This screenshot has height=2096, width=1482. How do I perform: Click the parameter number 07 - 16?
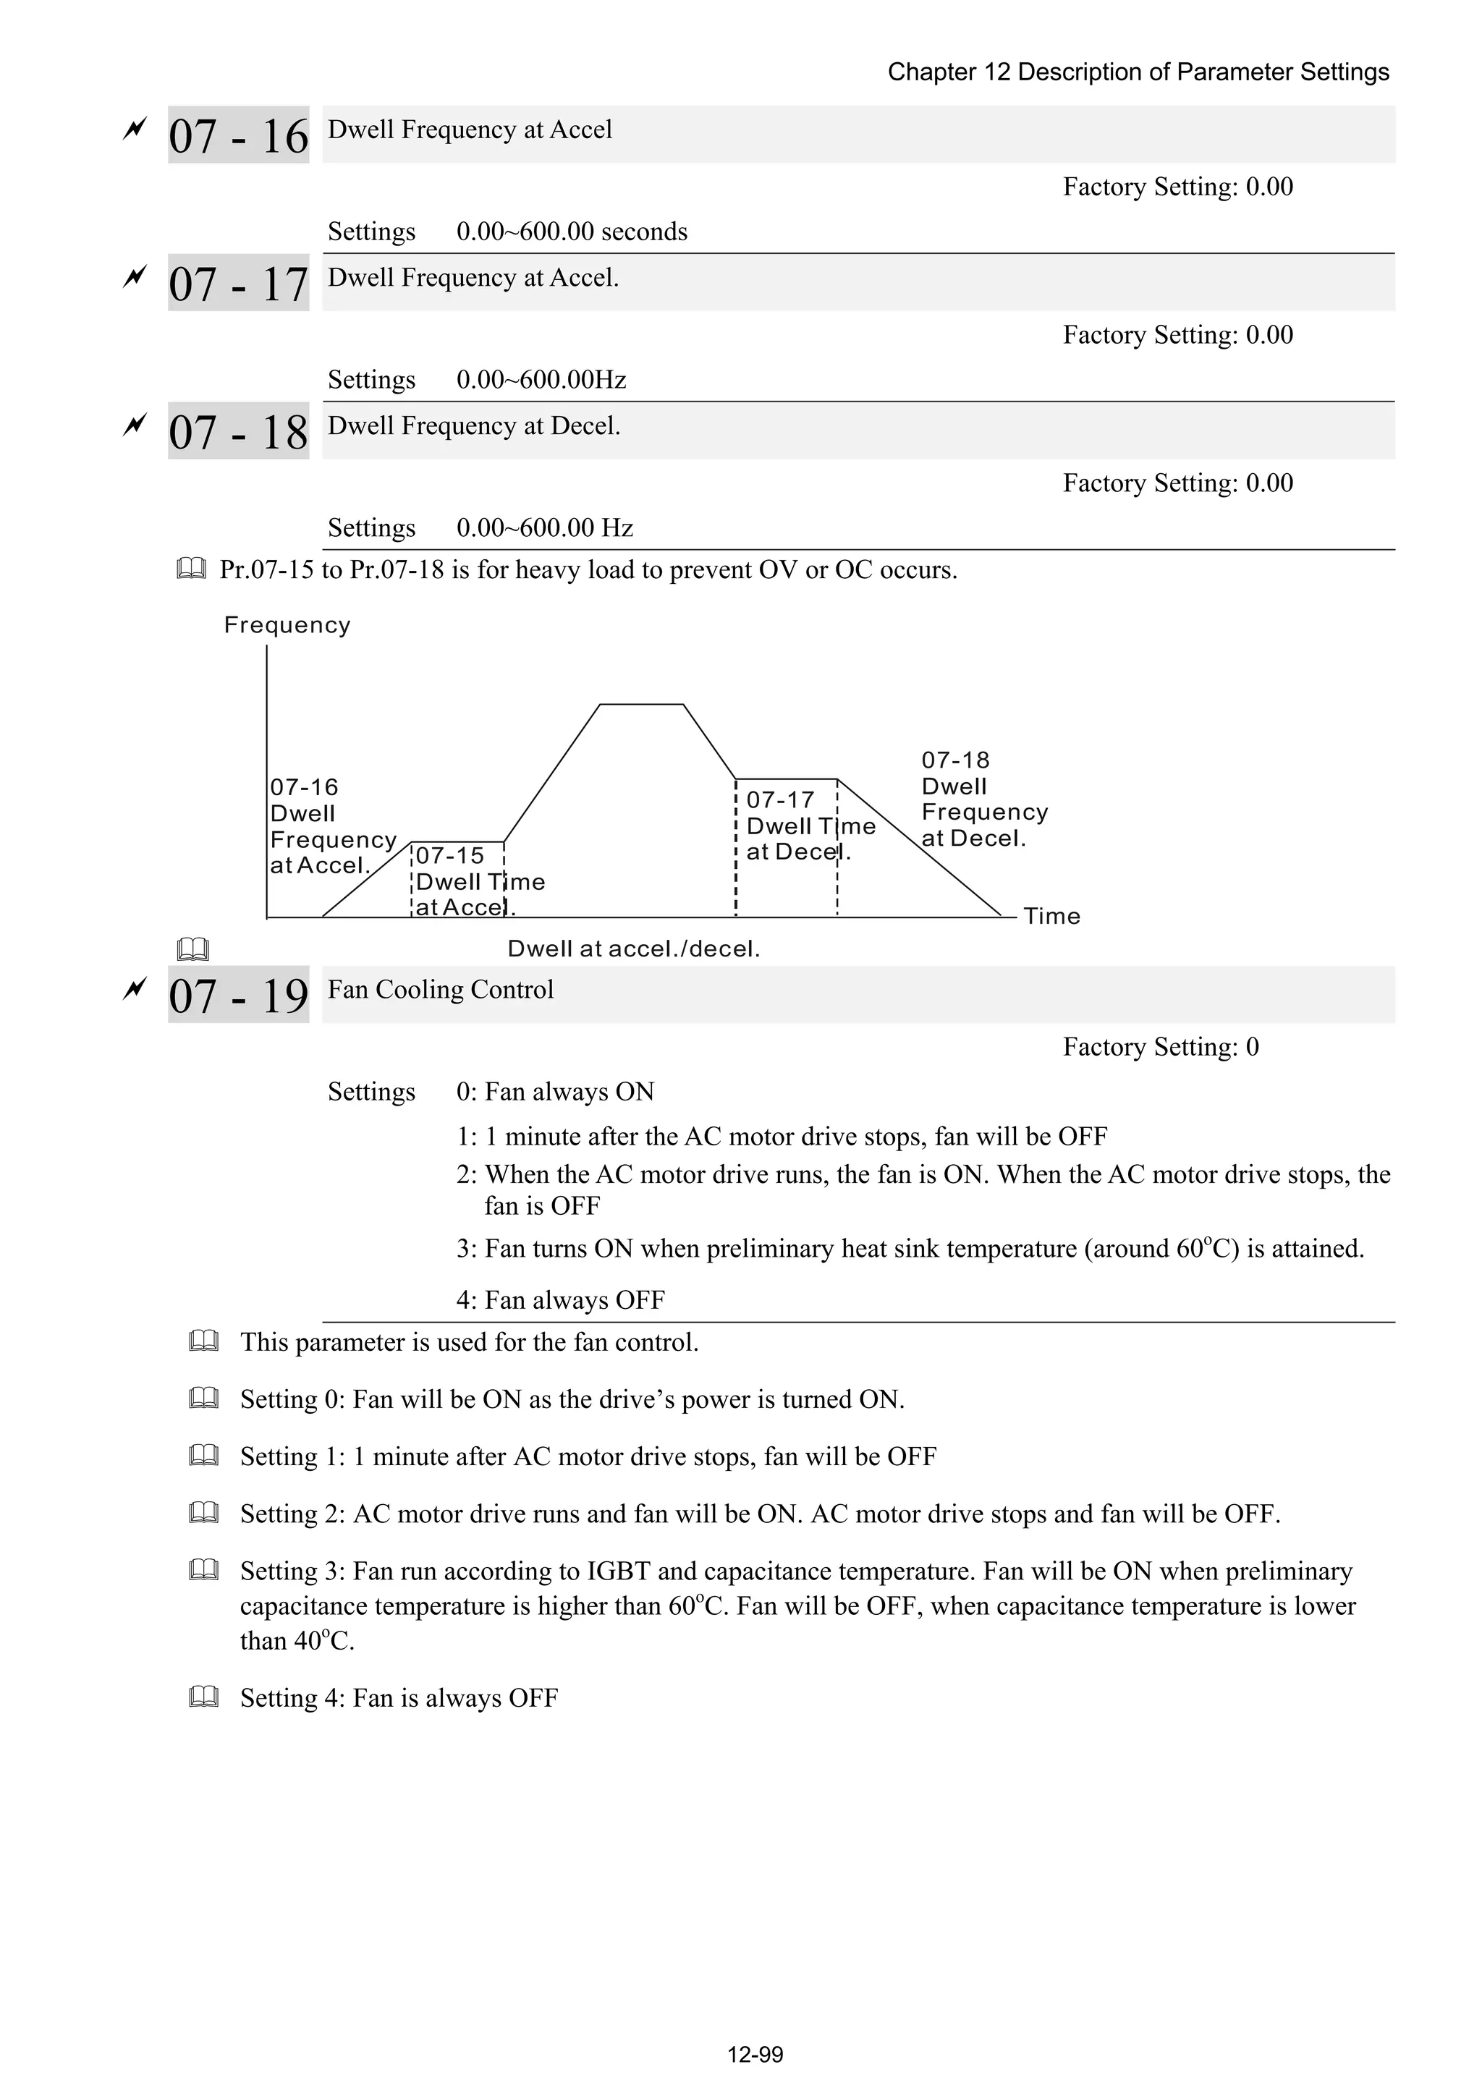click(238, 136)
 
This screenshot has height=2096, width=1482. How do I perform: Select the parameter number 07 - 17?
click(238, 284)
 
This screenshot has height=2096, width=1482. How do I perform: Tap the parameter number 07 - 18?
click(238, 432)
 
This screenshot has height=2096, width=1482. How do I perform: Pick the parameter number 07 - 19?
click(238, 995)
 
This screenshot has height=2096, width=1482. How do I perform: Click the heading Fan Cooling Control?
click(440, 990)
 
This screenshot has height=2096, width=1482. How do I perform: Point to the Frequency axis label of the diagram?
click(287, 625)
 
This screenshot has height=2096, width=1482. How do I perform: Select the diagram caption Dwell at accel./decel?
click(634, 949)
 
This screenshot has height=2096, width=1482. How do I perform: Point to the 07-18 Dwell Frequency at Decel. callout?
click(983, 799)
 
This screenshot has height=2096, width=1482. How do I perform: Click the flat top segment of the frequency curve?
click(641, 705)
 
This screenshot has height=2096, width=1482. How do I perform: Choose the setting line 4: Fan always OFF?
click(561, 1300)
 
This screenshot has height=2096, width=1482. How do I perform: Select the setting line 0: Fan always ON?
click(555, 1092)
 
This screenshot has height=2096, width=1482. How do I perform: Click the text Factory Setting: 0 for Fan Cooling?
click(1160, 1047)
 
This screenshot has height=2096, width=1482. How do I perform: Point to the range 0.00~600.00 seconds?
click(572, 232)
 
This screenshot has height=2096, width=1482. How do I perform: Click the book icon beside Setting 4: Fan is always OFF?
click(203, 1698)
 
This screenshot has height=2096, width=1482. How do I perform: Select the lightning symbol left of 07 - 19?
click(134, 988)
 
